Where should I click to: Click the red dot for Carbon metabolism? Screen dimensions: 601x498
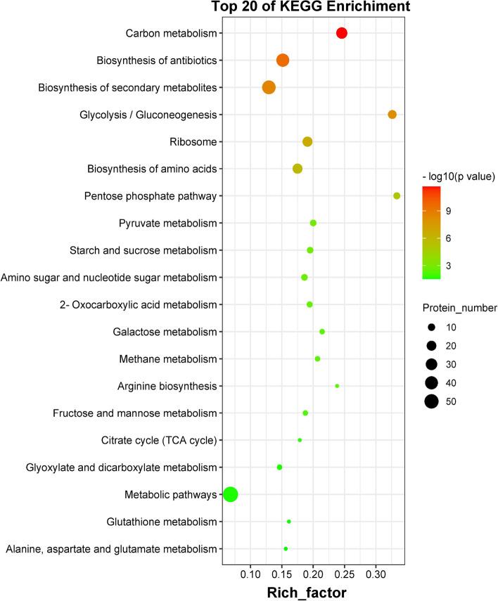click(342, 33)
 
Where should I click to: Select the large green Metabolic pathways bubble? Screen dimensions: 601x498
click(230, 495)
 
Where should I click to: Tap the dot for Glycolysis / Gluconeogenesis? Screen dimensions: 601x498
click(392, 115)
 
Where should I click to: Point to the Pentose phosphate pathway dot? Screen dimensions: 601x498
click(397, 196)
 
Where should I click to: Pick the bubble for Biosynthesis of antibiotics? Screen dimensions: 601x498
click(283, 60)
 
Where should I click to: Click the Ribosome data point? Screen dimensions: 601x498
click(307, 142)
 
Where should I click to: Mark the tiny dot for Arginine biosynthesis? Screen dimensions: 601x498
click(337, 386)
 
